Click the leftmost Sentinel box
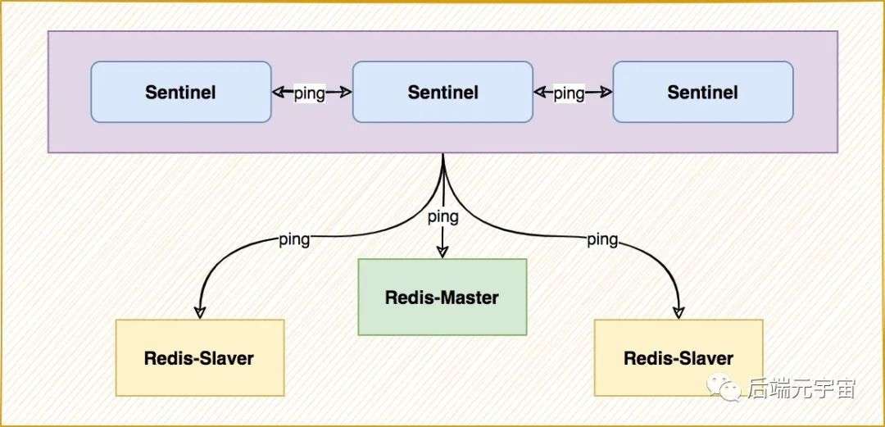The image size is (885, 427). point(181,92)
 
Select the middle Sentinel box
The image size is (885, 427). point(443,92)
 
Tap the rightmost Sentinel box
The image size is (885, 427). point(703,92)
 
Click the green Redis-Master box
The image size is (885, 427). point(442,297)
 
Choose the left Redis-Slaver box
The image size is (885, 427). point(200,357)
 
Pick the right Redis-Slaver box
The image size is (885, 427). point(678,357)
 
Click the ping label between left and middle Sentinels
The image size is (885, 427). point(309,93)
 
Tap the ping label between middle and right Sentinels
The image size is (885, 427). point(569,93)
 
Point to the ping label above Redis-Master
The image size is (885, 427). point(443,216)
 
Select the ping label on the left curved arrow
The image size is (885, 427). point(295,239)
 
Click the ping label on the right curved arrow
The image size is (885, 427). point(603,240)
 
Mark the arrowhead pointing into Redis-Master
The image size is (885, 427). point(442,252)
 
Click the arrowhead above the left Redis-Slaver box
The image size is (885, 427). point(200,311)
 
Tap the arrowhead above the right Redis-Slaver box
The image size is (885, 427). point(678,311)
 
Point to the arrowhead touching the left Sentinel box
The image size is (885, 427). point(279,92)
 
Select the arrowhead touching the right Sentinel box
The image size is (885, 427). point(606,92)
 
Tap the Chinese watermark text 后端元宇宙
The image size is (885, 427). point(802,388)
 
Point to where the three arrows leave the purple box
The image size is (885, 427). point(443,153)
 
